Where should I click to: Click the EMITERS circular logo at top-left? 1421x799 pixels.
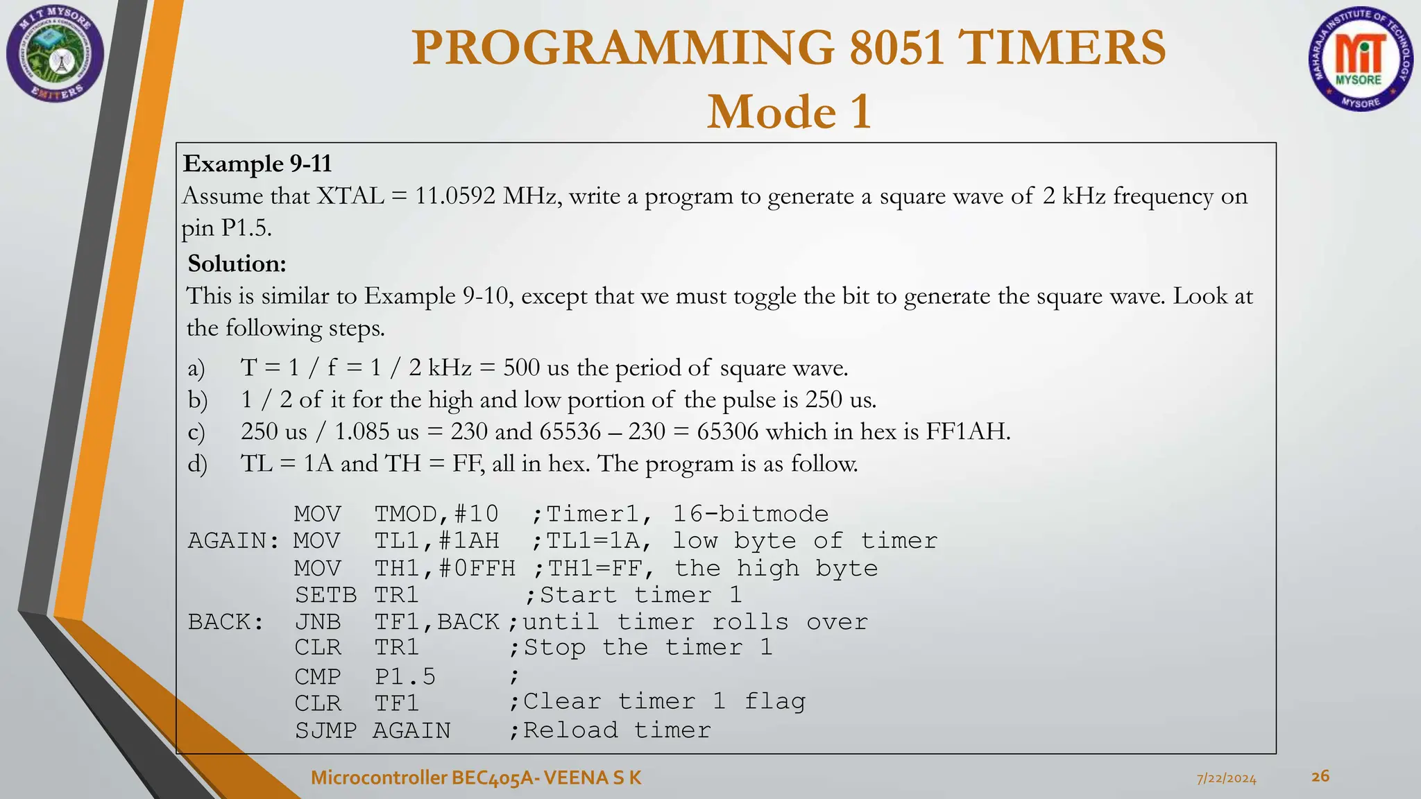[55, 54]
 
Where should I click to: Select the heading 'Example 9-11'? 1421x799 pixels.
[257, 164]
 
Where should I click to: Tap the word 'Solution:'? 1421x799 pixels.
[237, 264]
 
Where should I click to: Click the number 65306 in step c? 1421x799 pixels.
[727, 431]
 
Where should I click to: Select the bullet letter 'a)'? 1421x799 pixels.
[196, 368]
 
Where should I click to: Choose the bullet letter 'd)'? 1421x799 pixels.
[197, 464]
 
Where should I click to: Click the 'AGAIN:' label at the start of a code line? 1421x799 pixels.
[233, 541]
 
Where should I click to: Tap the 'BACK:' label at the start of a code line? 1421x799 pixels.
[226, 622]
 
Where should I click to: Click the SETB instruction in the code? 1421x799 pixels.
[325, 595]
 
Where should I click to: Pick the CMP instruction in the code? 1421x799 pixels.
[318, 676]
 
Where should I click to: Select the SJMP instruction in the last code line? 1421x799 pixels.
[325, 730]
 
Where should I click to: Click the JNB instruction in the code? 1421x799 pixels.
[318, 622]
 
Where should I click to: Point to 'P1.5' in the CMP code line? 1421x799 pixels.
[405, 676]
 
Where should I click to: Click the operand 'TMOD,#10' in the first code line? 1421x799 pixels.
[436, 514]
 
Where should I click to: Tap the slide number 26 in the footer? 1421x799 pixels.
[1320, 776]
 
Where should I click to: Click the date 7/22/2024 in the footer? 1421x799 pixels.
[1226, 778]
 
